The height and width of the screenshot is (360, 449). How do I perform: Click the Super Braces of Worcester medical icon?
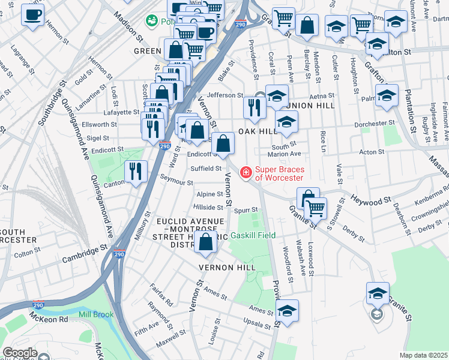point(245,173)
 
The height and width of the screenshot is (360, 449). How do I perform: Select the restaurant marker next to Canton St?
point(136,172)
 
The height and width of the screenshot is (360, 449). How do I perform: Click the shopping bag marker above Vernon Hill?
point(206,243)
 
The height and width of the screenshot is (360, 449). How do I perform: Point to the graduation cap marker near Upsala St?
point(288,311)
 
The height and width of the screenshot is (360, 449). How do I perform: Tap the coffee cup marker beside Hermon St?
point(32,14)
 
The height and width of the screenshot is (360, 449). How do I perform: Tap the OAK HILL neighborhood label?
point(258,131)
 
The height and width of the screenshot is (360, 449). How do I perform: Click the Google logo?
point(19,353)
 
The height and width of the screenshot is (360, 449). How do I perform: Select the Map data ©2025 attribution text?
point(423,355)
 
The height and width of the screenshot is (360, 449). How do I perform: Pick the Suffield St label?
point(206,169)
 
